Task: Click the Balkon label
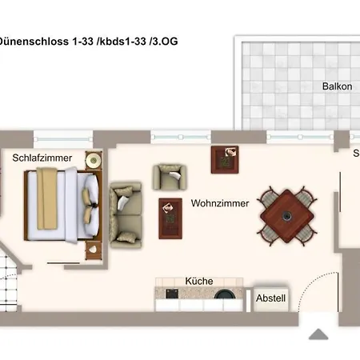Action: pyautogui.click(x=337, y=86)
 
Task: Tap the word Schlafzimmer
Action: pyautogui.click(x=42, y=158)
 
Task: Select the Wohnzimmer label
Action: pyautogui.click(x=220, y=204)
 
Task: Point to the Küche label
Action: pyautogui.click(x=198, y=282)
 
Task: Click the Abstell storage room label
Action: pyautogui.click(x=270, y=298)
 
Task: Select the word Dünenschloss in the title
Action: pyautogui.click(x=34, y=40)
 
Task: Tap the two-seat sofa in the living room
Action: pyautogui.click(x=126, y=214)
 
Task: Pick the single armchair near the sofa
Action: pyautogui.click(x=170, y=177)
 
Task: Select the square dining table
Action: pyautogui.click(x=286, y=214)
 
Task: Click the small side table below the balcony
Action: pyautogui.click(x=224, y=159)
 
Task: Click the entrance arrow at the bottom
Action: pyautogui.click(x=320, y=334)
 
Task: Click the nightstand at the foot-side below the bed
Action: pyautogui.click(x=94, y=250)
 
